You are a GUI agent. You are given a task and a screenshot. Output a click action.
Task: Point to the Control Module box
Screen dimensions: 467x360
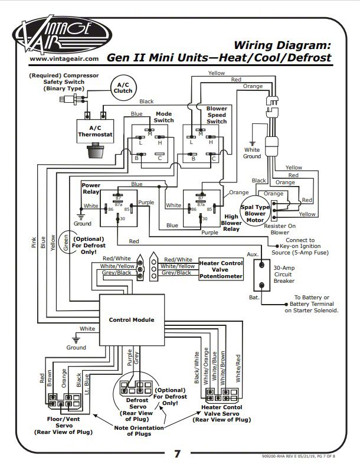[x=131, y=319]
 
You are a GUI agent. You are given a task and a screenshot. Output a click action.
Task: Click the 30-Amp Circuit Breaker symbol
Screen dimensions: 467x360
[x=262, y=273]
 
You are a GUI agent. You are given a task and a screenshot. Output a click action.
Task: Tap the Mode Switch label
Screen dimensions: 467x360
[x=164, y=116]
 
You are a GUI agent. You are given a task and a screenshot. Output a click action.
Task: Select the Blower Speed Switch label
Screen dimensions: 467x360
[x=217, y=115]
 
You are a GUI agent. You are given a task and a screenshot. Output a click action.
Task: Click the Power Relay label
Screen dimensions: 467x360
[x=91, y=188]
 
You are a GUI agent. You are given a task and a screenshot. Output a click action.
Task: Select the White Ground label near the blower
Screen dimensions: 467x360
[x=252, y=153]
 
